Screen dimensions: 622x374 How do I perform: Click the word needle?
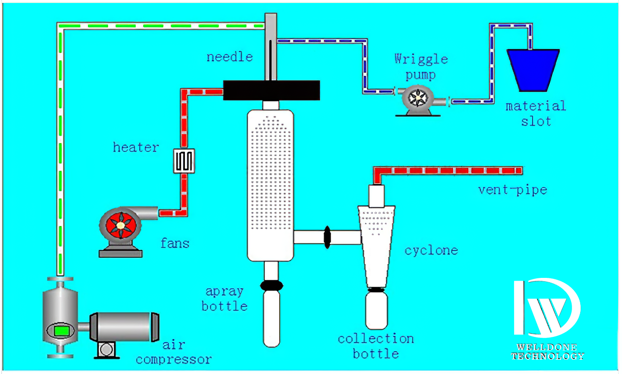coord(230,57)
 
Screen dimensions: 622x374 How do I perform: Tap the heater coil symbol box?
coord(184,161)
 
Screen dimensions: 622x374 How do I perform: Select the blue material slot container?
coord(533,70)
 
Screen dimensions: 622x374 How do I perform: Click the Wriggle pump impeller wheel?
coord(418,98)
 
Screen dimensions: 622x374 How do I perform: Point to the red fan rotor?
coord(121,226)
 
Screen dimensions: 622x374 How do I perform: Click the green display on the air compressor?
coord(62,331)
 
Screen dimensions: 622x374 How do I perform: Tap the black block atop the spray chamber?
coord(271,90)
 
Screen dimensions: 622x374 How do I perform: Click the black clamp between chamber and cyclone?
coord(327,237)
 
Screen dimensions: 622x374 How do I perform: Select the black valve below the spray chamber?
coord(272,285)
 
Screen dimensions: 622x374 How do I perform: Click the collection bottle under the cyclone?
coord(376,311)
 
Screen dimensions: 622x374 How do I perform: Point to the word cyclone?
coord(431,251)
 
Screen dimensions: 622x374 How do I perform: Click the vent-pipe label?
coord(513,190)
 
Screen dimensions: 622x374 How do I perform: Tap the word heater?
coord(136,147)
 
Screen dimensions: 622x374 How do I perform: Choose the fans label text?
coord(175,243)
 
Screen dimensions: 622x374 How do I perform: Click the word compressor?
coord(174,360)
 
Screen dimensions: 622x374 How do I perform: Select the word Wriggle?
coord(421,59)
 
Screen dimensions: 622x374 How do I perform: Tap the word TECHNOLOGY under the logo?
coord(548,356)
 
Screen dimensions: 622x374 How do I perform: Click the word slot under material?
coord(536,122)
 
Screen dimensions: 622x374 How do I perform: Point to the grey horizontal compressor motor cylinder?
coord(125,327)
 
